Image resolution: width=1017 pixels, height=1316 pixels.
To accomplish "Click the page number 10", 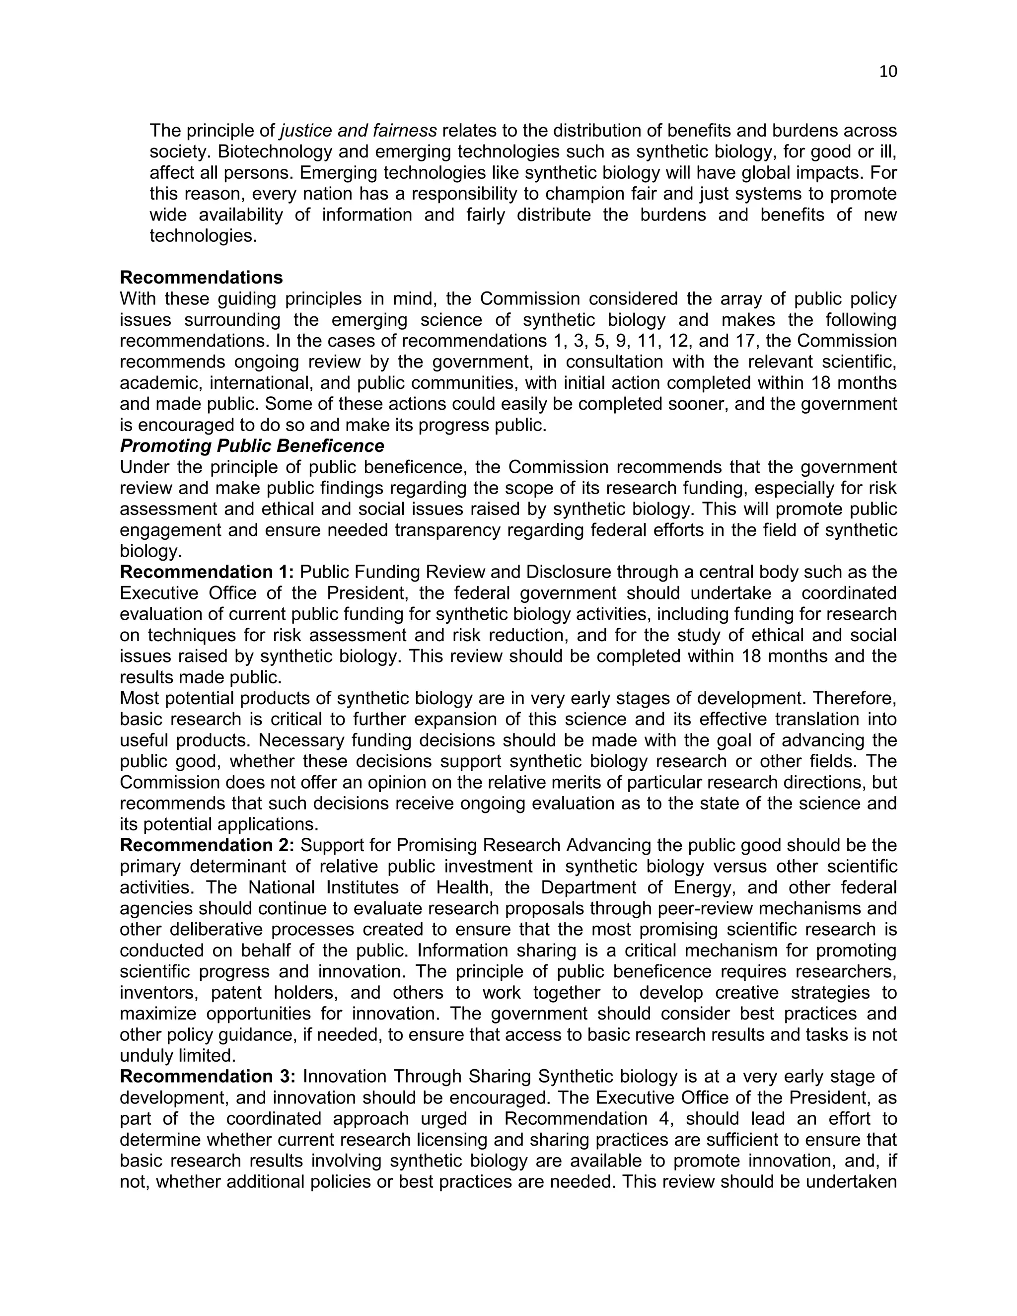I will tap(887, 72).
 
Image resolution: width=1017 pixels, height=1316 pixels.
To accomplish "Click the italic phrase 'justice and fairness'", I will tap(359, 131).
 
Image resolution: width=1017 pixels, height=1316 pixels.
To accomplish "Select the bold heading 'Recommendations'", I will tap(201, 278).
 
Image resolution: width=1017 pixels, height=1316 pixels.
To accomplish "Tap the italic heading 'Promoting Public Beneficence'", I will tap(252, 446).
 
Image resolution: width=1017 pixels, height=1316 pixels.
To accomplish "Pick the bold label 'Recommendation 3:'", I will tap(208, 1077).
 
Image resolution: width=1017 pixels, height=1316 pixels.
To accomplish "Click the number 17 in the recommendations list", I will tap(772, 341).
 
